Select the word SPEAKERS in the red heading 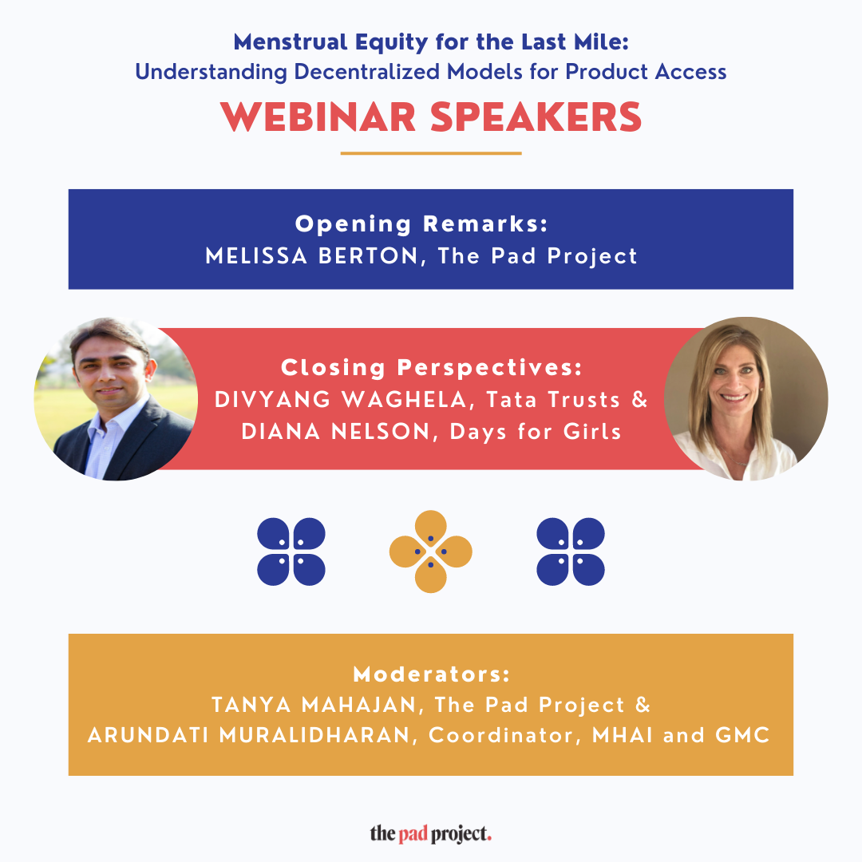pyautogui.click(x=536, y=117)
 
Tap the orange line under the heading pyautogui.click(x=431, y=153)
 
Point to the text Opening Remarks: pyautogui.click(x=421, y=224)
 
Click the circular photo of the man pyautogui.click(x=116, y=399)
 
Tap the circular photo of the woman pyautogui.click(x=745, y=399)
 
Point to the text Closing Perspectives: pyautogui.click(x=431, y=368)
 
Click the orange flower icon pyautogui.click(x=431, y=552)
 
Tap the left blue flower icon pyautogui.click(x=291, y=552)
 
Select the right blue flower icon pyautogui.click(x=571, y=552)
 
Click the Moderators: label pyautogui.click(x=431, y=674)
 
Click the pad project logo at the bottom pyautogui.click(x=431, y=835)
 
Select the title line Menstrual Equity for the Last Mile pyautogui.click(x=431, y=42)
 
